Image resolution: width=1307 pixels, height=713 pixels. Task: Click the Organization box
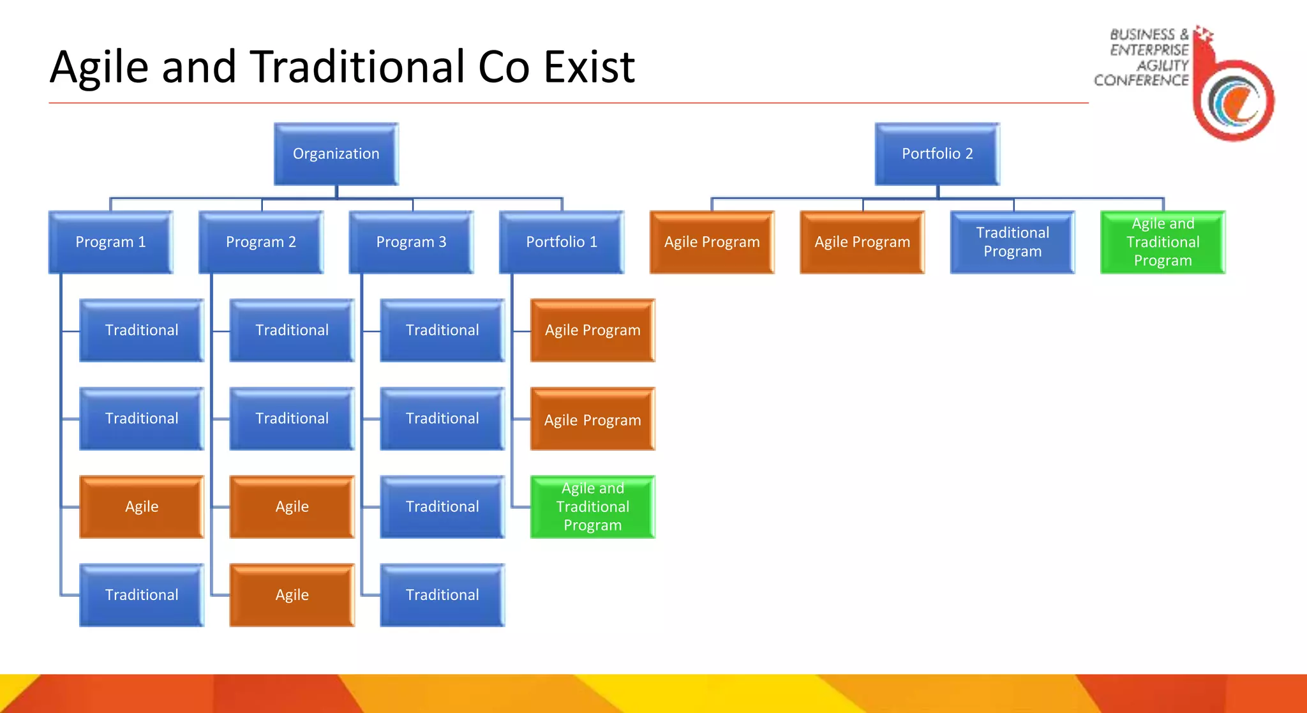(336, 154)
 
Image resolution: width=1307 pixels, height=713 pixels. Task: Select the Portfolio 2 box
(937, 154)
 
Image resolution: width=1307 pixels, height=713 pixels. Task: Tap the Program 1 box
(110, 242)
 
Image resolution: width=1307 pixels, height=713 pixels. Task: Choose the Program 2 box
(260, 242)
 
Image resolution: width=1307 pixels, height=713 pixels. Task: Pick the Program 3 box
(411, 242)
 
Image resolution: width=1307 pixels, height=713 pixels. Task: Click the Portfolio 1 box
(562, 242)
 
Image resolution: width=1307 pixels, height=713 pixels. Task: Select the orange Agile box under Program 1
(141, 507)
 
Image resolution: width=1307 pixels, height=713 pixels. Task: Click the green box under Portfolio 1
(592, 507)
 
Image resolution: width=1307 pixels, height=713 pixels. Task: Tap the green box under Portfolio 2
(1162, 242)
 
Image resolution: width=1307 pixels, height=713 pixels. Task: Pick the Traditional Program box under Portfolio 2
(1012, 242)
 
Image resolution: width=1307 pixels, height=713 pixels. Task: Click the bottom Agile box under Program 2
(292, 595)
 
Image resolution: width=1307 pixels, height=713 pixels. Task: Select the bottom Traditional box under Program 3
(442, 595)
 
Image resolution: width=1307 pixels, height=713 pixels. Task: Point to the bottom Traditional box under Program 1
(141, 595)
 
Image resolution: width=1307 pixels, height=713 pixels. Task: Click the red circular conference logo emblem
(1235, 100)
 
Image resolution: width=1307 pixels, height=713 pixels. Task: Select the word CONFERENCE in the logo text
(1141, 80)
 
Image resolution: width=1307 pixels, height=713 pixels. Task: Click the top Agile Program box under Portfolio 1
(592, 330)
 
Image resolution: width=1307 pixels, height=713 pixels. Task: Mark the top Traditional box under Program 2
(292, 330)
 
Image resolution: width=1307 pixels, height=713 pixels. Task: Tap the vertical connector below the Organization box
(336, 191)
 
